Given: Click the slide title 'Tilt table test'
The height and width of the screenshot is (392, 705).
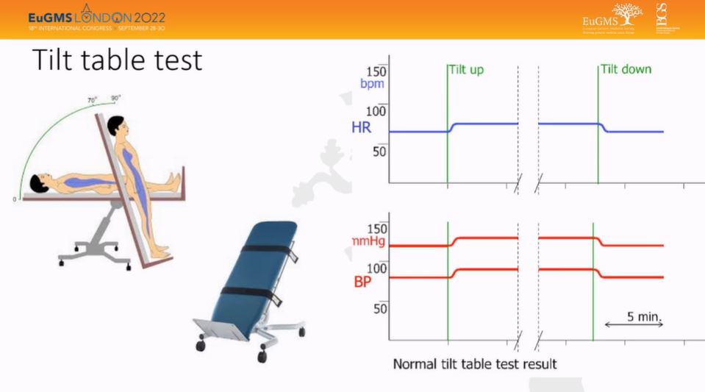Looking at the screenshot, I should pyautogui.click(x=117, y=60).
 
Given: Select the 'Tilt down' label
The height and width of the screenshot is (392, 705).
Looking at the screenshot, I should pyautogui.click(x=626, y=70).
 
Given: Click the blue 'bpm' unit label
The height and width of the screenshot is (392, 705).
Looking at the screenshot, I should pyautogui.click(x=373, y=84).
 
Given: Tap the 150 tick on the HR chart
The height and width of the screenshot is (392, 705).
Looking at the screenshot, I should pyautogui.click(x=376, y=71).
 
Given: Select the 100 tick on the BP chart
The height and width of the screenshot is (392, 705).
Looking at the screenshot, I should pyautogui.click(x=376, y=268).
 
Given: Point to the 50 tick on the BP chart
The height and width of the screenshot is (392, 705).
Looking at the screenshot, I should pyautogui.click(x=379, y=307).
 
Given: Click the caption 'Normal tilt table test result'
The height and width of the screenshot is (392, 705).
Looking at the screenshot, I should pyautogui.click(x=475, y=364).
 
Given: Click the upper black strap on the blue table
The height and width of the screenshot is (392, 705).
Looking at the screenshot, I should pyautogui.click(x=266, y=249).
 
